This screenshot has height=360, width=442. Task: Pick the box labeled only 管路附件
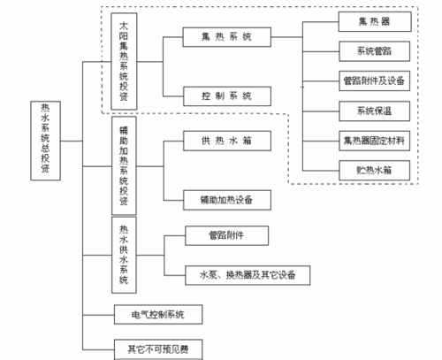coord(225,235)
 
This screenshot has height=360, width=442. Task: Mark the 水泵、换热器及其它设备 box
coord(248,274)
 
